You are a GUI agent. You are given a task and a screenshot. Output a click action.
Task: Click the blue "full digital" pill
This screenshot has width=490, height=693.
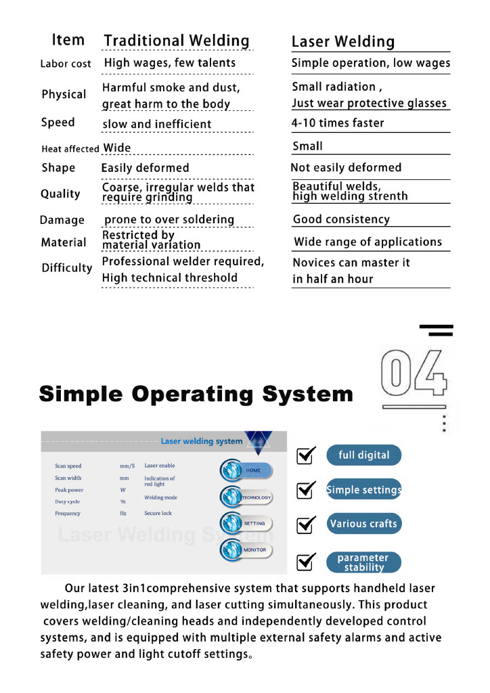pos(363,455)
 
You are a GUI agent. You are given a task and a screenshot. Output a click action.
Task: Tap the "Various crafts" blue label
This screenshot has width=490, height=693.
pos(363,524)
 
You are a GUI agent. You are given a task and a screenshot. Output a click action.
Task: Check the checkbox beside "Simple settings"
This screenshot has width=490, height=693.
pos(307,489)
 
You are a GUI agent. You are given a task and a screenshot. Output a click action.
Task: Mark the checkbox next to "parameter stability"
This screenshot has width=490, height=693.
pos(307,561)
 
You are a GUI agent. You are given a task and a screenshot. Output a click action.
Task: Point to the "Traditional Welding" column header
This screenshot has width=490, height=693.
pos(177,41)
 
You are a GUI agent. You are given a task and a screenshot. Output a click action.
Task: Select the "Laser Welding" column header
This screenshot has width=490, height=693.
pos(342,42)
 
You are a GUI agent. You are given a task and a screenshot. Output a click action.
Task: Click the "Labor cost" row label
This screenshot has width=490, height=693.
pos(66,64)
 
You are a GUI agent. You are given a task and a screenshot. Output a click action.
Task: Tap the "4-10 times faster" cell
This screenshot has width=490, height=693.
pos(338,123)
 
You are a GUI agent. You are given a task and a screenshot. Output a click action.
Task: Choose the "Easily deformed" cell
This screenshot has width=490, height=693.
pos(145,168)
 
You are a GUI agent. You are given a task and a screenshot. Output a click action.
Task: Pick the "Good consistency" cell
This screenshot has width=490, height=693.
pos(341,219)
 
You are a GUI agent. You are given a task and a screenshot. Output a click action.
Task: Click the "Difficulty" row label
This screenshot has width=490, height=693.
pos(67,268)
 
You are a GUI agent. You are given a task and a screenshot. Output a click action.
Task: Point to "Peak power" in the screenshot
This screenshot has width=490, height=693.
pos(69,490)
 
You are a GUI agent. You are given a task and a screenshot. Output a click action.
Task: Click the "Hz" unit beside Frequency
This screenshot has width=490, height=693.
pos(123,514)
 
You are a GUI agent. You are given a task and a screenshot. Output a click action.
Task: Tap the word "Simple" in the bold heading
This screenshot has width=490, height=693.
pos(81,394)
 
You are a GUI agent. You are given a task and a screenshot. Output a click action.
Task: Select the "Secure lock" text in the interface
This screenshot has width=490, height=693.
pos(158,514)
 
